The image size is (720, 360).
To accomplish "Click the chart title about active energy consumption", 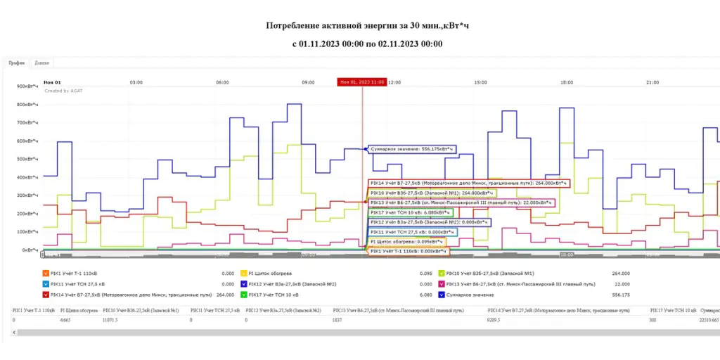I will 367,26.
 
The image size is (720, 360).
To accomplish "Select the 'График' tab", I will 17,63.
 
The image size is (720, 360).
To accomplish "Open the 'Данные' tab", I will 41,63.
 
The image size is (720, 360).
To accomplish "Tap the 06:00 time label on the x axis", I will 222,82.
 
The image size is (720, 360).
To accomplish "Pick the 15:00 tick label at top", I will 481,82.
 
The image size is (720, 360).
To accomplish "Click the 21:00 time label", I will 652,82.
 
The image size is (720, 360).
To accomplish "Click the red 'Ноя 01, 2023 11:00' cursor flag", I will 362,82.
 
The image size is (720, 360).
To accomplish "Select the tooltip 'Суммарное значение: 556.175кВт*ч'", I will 411,149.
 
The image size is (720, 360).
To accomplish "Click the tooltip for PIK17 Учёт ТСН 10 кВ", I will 411,212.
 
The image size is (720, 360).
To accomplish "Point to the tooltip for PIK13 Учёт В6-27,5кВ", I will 461,202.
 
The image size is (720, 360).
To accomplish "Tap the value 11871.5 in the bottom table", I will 112,320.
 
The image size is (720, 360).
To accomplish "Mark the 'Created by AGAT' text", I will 63,91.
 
